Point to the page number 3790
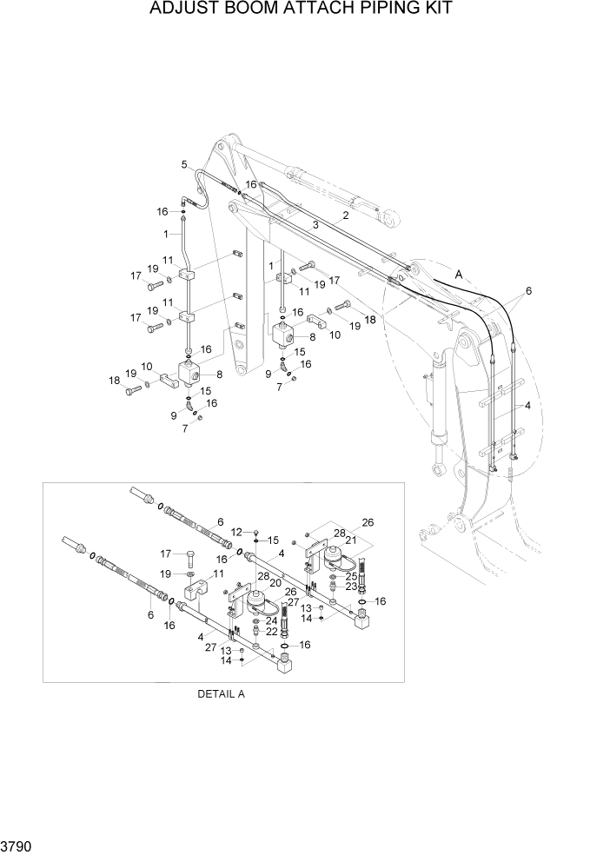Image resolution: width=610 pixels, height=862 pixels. pyautogui.click(x=17, y=846)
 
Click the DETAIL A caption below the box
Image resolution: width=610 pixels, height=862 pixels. pyautogui.click(x=222, y=694)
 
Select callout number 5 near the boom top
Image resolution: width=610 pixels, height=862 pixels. pyautogui.click(x=184, y=164)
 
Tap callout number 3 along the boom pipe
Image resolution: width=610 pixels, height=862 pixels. pyautogui.click(x=315, y=225)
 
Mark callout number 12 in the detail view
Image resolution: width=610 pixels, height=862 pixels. pyautogui.click(x=236, y=532)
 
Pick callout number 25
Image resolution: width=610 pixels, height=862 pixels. pyautogui.click(x=353, y=574)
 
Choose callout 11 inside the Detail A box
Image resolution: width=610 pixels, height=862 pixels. pyautogui.click(x=219, y=574)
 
